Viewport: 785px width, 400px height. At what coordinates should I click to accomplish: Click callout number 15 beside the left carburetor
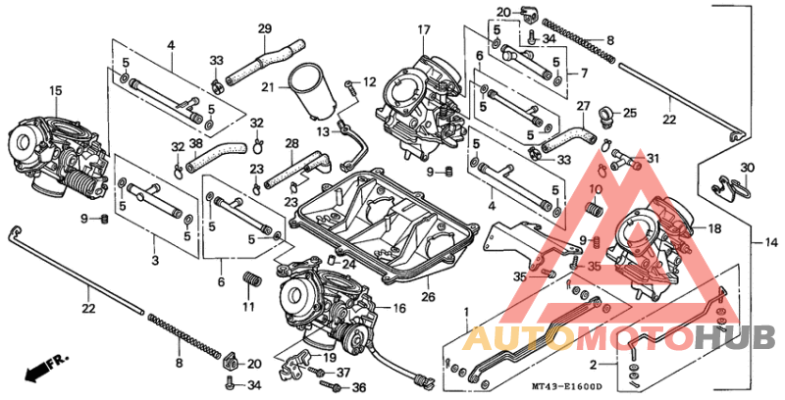[55, 91]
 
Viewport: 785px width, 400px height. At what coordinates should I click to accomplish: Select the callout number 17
[423, 29]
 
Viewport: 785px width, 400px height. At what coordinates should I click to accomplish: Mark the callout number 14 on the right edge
[770, 241]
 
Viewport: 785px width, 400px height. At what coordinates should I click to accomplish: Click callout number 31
[653, 159]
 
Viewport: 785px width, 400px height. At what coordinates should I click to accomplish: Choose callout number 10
[595, 188]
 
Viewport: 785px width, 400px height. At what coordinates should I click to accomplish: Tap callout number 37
[342, 373]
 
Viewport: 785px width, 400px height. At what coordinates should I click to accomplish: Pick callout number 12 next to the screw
[371, 81]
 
